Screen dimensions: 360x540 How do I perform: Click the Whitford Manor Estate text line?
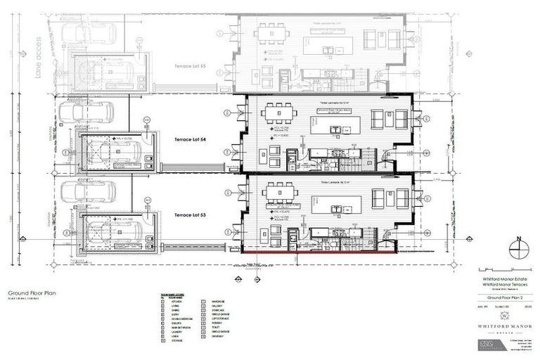coord(502,277)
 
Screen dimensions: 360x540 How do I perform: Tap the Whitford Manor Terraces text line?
coord(502,283)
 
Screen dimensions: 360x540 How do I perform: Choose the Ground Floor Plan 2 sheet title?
coord(502,297)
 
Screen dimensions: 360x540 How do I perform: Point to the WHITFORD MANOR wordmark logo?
coord(502,325)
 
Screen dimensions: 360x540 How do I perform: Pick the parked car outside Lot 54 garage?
coord(86,112)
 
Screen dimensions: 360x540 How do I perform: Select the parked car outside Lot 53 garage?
coord(86,191)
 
